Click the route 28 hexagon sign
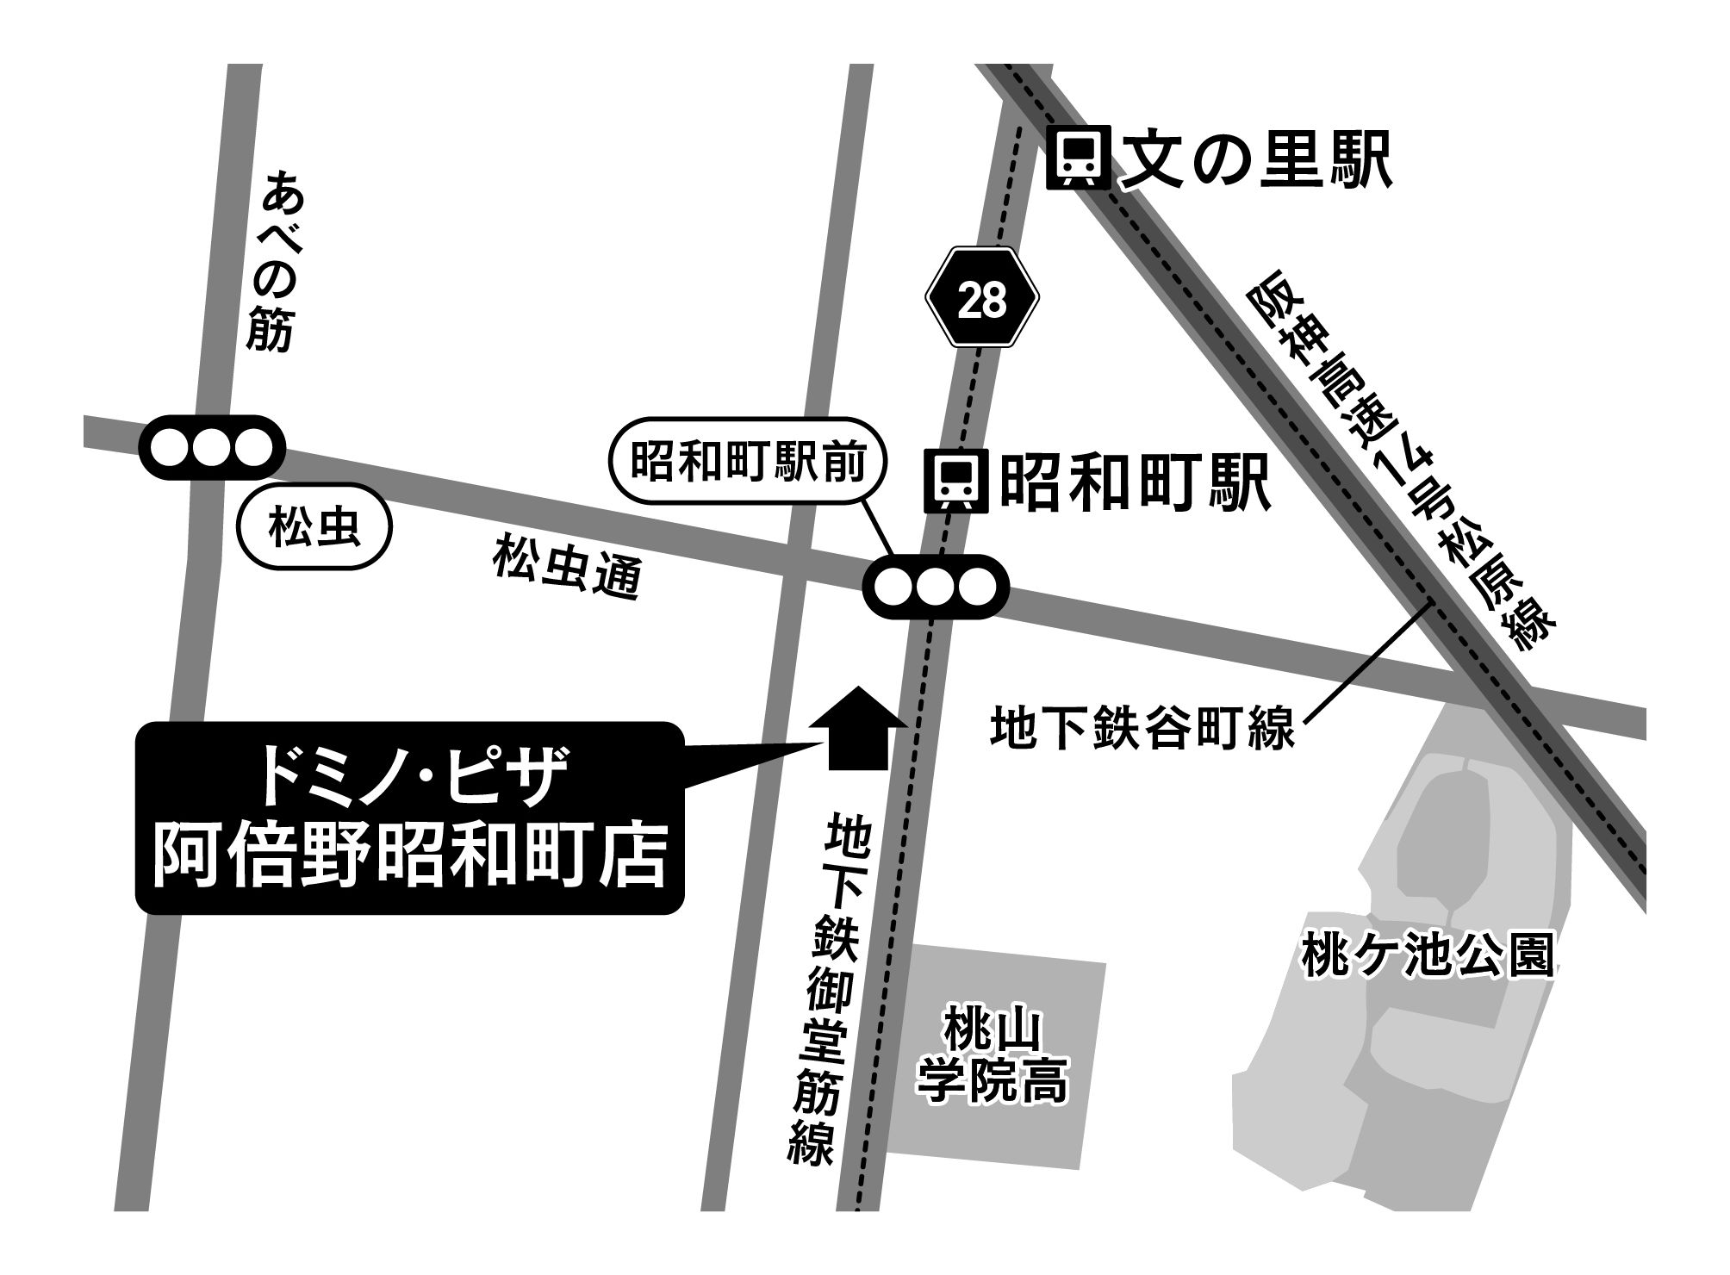(982, 298)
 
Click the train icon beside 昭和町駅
(956, 481)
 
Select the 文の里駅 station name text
(1256, 159)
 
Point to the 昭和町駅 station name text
(1136, 482)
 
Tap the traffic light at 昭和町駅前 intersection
(936, 587)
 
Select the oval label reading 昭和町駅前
(748, 466)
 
